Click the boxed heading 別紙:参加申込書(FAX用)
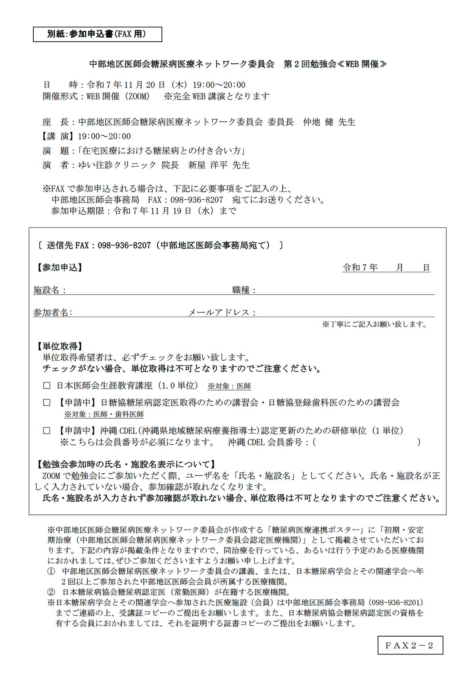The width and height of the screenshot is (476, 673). coord(97,34)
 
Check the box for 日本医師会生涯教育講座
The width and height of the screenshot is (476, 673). coord(47,385)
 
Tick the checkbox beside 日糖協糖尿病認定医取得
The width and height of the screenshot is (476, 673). coord(47,403)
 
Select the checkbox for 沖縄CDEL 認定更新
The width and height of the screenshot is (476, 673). coord(47,430)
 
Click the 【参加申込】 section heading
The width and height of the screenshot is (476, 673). coord(59,268)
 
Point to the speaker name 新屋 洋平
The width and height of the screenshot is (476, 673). coord(208,165)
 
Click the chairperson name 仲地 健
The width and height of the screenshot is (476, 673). coord(318,122)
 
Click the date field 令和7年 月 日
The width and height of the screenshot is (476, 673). coord(386,268)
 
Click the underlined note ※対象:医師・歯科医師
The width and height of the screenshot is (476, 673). coord(104,415)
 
